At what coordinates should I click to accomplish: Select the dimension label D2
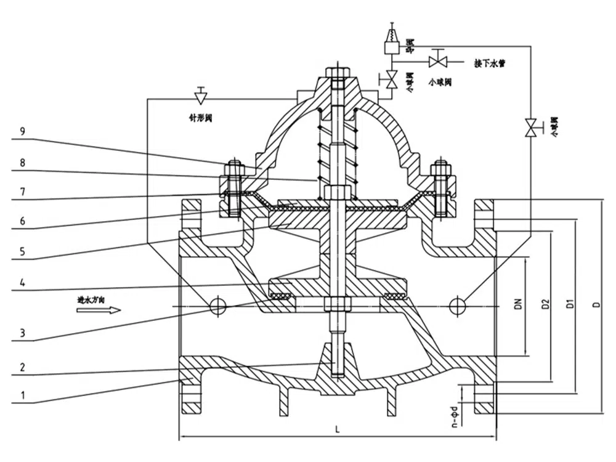click(545, 304)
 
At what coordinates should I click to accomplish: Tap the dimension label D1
click(570, 304)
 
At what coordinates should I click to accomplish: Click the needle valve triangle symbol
click(200, 97)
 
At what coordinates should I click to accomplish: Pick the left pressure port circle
click(217, 305)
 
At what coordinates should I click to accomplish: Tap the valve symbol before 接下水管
click(438, 62)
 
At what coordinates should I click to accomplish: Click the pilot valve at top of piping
click(391, 41)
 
